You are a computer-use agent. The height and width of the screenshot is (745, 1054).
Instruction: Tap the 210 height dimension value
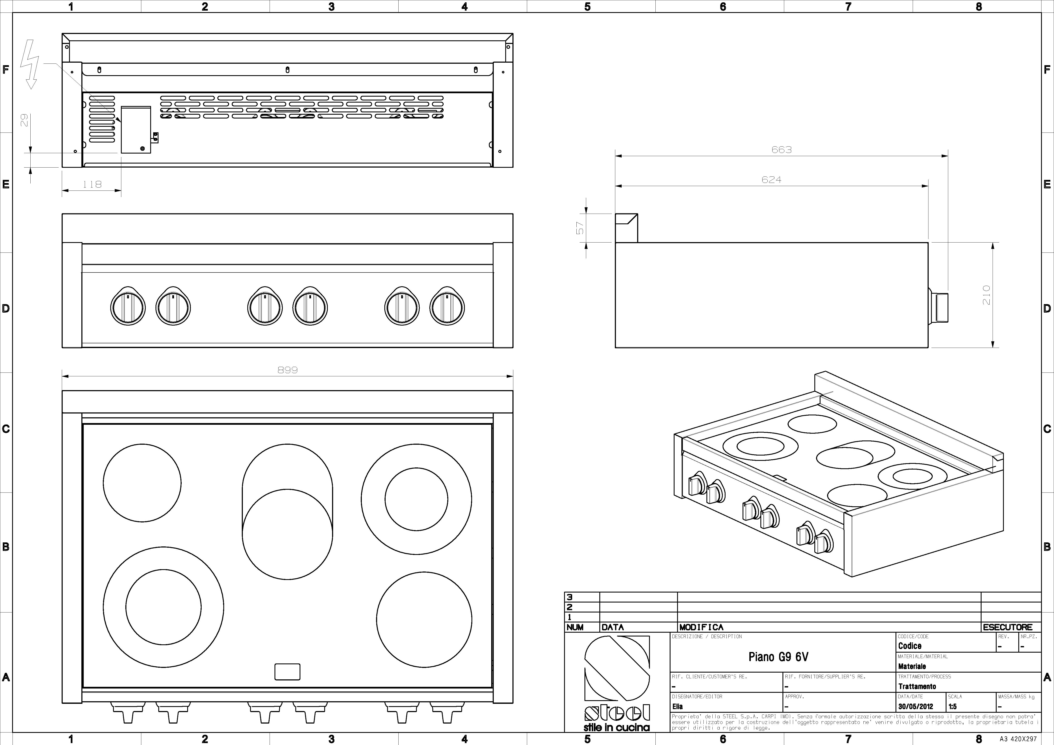coord(986,295)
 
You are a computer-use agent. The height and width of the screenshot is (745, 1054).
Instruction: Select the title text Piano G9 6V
coord(779,657)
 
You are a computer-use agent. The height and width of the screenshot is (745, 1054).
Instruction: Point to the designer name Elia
coord(678,707)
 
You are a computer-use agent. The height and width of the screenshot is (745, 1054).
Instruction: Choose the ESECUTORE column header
coord(1008,627)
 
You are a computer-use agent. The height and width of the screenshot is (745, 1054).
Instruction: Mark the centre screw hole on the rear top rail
coord(287,70)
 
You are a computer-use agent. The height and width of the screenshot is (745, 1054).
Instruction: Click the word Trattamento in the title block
coord(917,686)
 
